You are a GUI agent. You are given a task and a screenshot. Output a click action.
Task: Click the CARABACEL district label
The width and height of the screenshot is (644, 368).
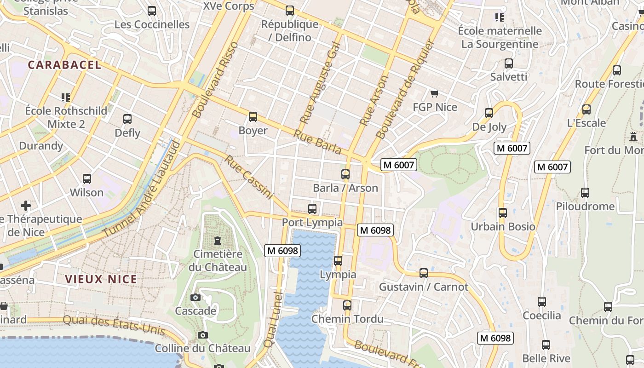click(64, 65)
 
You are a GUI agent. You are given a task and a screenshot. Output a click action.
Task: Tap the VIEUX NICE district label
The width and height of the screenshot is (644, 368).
click(101, 279)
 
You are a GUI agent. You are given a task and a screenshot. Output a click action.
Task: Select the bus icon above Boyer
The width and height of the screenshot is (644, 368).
click(253, 117)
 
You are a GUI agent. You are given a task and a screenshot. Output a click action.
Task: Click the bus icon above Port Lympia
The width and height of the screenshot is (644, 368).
click(312, 208)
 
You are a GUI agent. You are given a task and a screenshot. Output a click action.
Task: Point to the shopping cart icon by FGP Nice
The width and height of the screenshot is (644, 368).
click(434, 94)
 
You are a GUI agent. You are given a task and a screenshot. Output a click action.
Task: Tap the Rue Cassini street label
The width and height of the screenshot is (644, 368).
click(249, 177)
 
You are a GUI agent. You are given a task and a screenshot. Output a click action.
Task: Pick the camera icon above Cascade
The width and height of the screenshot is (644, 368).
click(195, 297)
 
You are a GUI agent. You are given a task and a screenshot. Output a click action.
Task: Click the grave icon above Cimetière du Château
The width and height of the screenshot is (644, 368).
click(218, 240)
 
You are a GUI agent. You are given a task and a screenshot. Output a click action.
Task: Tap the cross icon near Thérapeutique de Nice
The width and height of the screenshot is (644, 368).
click(26, 205)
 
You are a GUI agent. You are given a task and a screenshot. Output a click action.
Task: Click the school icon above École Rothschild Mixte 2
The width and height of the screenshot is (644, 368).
click(66, 97)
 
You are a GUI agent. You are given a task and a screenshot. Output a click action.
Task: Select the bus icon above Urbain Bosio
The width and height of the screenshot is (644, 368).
click(502, 213)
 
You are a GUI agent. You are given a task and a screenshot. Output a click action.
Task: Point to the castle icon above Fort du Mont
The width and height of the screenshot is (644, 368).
click(633, 136)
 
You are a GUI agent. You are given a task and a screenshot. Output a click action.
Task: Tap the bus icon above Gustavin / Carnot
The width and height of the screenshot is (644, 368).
click(424, 273)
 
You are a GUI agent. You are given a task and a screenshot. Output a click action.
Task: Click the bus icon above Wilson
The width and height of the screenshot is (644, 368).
click(87, 178)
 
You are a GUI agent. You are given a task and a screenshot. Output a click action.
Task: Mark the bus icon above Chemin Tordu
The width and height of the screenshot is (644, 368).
click(347, 305)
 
